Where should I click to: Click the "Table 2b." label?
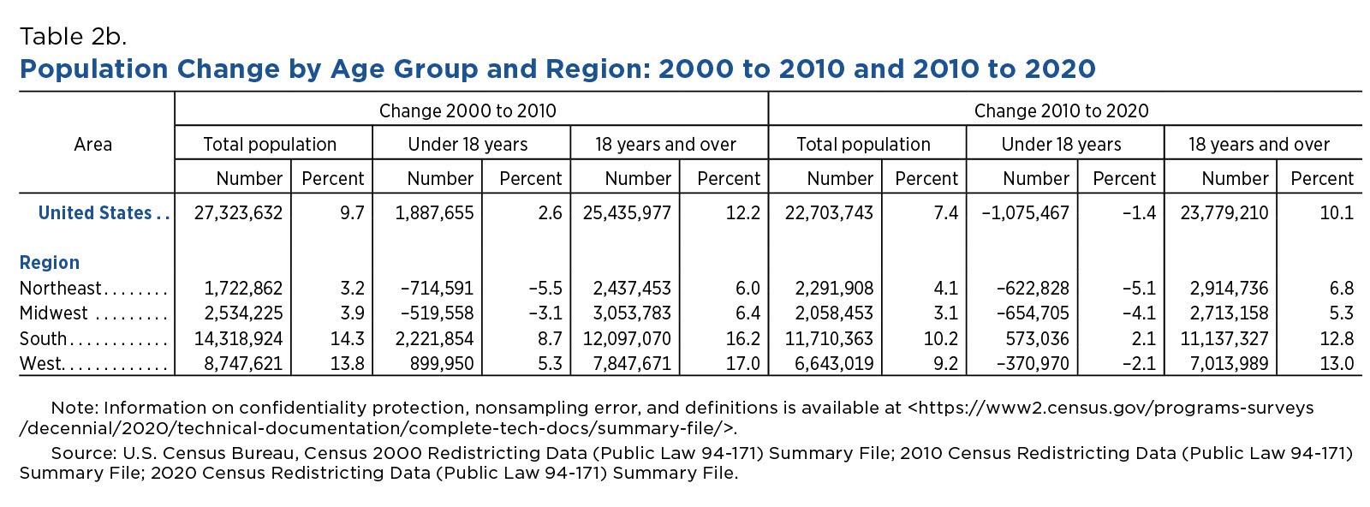[74, 37]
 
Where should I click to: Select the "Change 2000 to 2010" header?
[468, 110]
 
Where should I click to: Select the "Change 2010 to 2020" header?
[1061, 110]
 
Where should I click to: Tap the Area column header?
[93, 145]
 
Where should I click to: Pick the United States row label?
[95, 213]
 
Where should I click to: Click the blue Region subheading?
[50, 263]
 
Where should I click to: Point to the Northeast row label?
[61, 288]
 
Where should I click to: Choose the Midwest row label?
[54, 313]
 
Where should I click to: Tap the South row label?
[43, 339]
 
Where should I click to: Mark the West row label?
[40, 364]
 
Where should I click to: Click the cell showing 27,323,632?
[239, 213]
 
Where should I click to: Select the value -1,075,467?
[1025, 213]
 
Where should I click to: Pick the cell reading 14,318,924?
[239, 339]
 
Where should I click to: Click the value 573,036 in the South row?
[1037, 339]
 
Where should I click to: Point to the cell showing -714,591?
[437, 288]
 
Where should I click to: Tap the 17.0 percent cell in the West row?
[743, 364]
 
